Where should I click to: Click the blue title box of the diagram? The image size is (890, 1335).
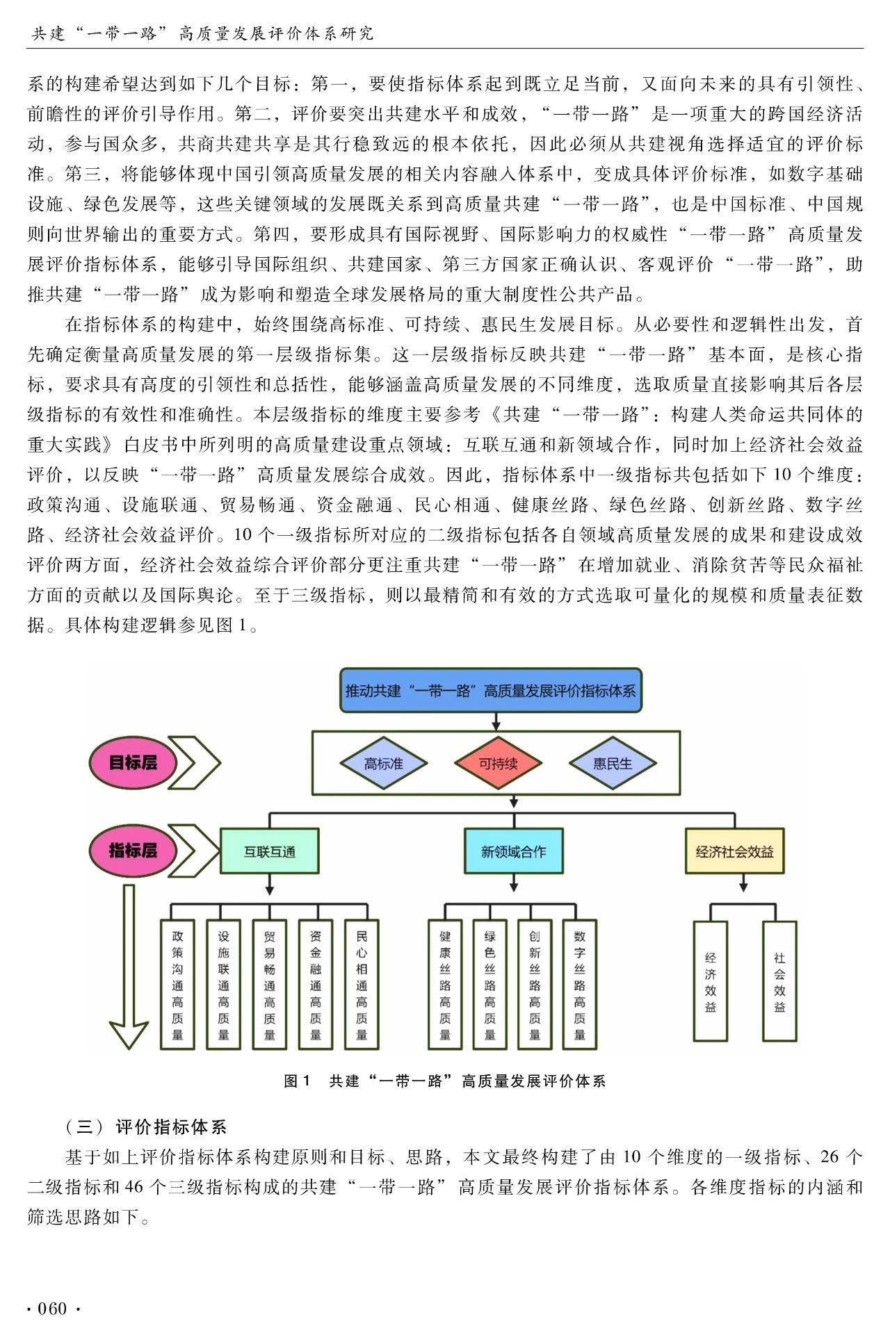click(491, 691)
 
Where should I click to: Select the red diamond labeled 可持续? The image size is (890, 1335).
click(498, 763)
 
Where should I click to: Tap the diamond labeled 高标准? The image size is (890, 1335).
click(383, 763)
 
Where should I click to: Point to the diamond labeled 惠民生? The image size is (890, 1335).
click(613, 763)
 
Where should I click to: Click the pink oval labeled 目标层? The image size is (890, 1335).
click(133, 763)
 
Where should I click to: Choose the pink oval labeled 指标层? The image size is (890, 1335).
click(133, 850)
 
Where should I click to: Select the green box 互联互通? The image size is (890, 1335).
click(269, 851)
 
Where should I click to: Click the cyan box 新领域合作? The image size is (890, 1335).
click(513, 851)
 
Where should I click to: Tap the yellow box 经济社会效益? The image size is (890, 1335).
click(734, 851)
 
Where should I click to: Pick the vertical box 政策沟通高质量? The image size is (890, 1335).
click(177, 985)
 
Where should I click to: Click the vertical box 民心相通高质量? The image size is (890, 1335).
click(362, 985)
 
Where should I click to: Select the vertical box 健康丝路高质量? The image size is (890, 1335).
click(445, 985)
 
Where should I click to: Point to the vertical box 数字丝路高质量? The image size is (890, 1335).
click(580, 985)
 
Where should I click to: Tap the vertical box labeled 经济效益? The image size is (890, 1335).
click(710, 982)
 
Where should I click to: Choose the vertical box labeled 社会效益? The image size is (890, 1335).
click(779, 982)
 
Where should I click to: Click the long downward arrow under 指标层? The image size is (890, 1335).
click(129, 966)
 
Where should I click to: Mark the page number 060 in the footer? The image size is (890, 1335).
click(52, 1309)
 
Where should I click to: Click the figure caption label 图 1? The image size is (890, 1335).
click(298, 1081)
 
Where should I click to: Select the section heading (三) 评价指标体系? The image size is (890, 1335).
click(145, 1127)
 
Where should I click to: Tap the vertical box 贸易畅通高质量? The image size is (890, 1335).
click(269, 985)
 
